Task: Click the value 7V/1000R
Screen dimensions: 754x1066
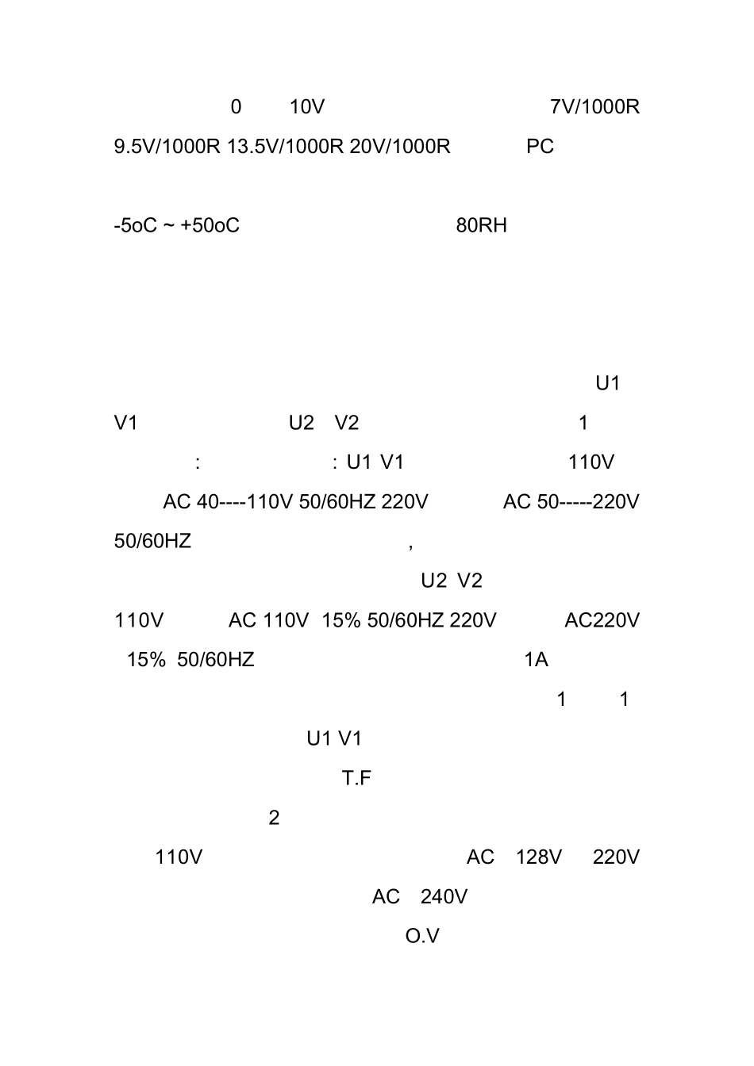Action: [x=594, y=107]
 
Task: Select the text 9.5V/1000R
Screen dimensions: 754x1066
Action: [x=167, y=147]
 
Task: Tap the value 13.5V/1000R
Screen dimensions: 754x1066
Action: [x=285, y=147]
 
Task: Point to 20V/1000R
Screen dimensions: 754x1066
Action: [x=400, y=147]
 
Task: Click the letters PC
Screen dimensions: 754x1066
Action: [x=540, y=147]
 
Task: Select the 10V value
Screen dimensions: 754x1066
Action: [x=307, y=107]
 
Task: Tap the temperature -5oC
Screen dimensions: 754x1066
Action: [x=136, y=225]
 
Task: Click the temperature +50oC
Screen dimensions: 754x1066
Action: [x=210, y=225]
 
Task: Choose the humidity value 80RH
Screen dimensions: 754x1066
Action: [x=482, y=225]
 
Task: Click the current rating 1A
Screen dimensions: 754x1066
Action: [x=537, y=660]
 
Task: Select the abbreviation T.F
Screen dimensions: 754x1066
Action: [x=356, y=779]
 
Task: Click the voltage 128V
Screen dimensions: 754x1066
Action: [x=539, y=857]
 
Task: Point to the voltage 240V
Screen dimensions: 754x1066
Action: [x=444, y=897]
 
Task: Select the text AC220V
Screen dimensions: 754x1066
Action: [x=602, y=620]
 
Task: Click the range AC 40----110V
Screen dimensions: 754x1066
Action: [x=228, y=502]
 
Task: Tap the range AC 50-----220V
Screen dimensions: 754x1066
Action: [x=571, y=502]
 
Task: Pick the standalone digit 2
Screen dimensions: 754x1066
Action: [x=274, y=818]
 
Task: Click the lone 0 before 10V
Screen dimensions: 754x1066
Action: [x=236, y=107]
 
